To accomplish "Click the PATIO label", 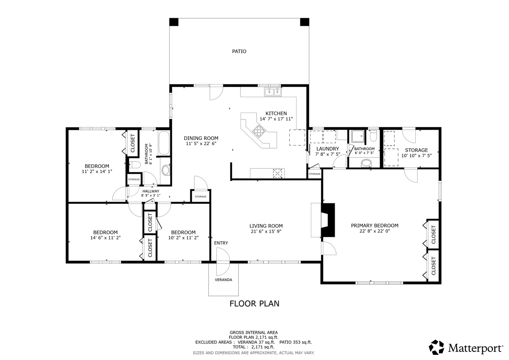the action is [x=239, y=51].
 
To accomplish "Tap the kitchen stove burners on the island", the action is [x=259, y=131].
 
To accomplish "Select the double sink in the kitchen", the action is [x=273, y=92].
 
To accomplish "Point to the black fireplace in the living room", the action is [x=328, y=220].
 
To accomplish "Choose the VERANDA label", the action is [x=224, y=280].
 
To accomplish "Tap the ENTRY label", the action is [x=221, y=243].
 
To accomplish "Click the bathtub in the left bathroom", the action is [x=164, y=143].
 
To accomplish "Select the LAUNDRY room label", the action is [x=327, y=149].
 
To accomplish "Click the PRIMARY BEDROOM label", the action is [x=375, y=225].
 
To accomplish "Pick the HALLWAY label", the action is [x=151, y=191].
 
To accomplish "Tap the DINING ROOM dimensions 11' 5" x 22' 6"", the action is [x=201, y=144].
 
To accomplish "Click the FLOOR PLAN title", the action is [x=254, y=304].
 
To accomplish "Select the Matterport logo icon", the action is [x=436, y=347].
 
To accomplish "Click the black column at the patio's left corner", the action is [x=174, y=22].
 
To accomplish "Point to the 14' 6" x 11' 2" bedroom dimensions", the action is [x=106, y=238].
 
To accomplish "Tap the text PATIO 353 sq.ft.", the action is [x=296, y=342].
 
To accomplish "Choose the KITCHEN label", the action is [x=276, y=113].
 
